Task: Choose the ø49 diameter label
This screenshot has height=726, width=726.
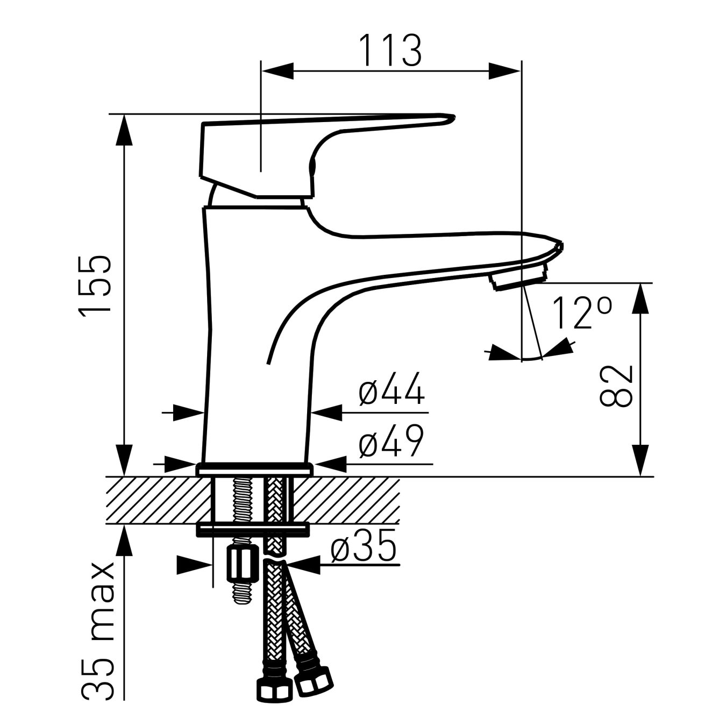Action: pos(392,441)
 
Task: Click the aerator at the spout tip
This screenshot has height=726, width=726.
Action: pos(519,277)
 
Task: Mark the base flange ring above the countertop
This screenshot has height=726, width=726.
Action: pos(254,468)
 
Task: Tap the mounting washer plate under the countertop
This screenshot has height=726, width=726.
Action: pos(253,530)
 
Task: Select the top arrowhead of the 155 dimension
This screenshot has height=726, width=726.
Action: pos(124,130)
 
